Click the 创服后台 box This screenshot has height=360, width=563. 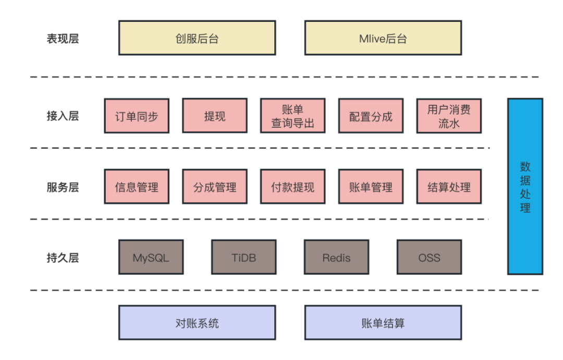tap(197, 38)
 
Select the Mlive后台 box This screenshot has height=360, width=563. tap(383, 38)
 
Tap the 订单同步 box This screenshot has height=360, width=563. tap(137, 116)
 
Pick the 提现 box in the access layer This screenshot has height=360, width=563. tap(214, 116)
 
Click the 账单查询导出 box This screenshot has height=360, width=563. tap(292, 116)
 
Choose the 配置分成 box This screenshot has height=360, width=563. tap(371, 116)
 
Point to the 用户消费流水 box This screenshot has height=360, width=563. tap(448, 116)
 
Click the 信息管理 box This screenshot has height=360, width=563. tap(137, 187)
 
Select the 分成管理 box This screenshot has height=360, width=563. tap(214, 187)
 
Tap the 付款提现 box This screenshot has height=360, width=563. tap(292, 187)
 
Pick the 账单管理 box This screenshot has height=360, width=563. tap(371, 187)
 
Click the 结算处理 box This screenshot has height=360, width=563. tap(448, 187)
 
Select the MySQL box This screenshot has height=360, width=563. tap(151, 257)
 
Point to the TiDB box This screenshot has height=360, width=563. tap(244, 257)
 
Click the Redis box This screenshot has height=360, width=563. tap(336, 257)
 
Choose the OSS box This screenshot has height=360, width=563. tap(429, 257)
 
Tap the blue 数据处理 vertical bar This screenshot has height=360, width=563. tap(525, 186)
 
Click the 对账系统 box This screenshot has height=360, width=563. tap(197, 323)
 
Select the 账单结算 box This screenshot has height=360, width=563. tap(383, 323)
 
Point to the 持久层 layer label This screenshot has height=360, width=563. tap(63, 258)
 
